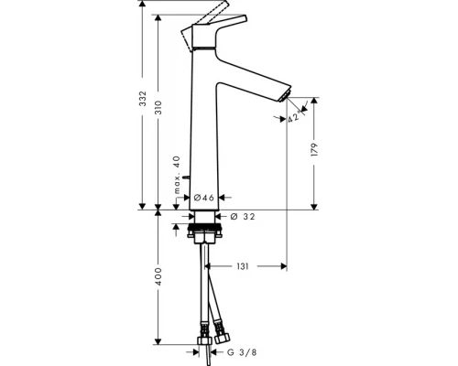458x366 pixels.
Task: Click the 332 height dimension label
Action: coord(143,99)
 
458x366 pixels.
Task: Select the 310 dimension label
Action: coord(158,107)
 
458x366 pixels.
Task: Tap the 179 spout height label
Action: coord(314,149)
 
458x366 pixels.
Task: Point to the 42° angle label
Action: coord(295,117)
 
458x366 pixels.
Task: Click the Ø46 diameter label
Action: coord(204,198)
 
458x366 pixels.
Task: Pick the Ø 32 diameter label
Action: coord(243,217)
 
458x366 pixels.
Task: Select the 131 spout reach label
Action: coord(243,266)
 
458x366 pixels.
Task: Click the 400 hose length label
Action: coord(158,276)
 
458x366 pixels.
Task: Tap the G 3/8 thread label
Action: coord(242,352)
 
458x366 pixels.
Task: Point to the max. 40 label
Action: coord(177,175)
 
